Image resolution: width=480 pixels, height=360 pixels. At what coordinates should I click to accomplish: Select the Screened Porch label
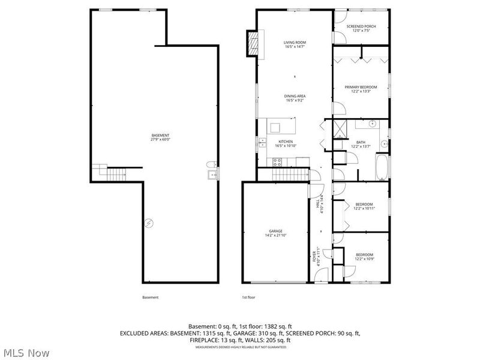pos(361,28)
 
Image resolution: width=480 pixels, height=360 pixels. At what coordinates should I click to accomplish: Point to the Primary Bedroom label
pos(361,89)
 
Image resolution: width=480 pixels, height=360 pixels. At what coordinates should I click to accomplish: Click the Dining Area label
pos(295,98)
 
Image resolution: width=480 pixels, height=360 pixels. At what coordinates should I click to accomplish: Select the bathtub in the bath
pos(381,168)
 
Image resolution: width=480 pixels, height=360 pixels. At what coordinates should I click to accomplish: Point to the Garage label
pos(275,233)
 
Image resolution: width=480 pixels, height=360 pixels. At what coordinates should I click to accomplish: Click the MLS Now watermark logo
pos(26,352)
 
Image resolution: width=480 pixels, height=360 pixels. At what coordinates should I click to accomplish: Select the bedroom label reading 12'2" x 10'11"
pos(364,206)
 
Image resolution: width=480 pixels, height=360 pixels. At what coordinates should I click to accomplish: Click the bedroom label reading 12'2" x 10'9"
pos(364,256)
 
